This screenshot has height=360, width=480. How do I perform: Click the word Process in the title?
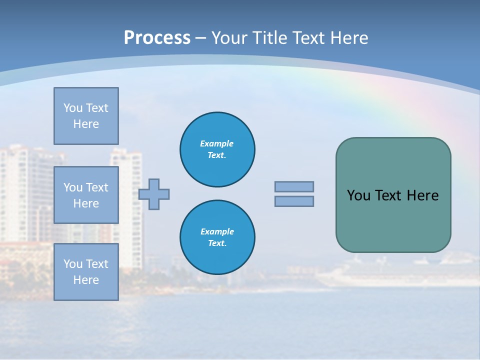coord(157,38)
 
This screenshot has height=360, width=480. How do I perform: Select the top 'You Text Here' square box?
coord(86,116)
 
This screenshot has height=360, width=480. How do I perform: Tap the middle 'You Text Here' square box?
coord(86,195)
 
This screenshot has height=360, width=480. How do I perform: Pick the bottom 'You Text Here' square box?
coord(86,272)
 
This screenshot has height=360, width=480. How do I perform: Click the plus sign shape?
coord(154,194)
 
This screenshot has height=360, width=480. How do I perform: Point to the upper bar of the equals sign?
coord(294,186)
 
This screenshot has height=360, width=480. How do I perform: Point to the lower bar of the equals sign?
coord(294,201)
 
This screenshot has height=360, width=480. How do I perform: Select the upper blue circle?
coord(217,149)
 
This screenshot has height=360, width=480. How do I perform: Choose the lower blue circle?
coord(217,237)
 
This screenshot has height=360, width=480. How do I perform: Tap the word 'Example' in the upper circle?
coord(216,143)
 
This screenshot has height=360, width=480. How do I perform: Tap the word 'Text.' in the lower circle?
coord(217,243)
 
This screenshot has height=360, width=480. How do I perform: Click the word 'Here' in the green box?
coord(422,195)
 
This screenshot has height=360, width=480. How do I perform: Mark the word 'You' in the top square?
coord(72,108)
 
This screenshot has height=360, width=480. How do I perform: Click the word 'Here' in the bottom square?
coord(86,280)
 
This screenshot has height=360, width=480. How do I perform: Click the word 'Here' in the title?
coord(348,38)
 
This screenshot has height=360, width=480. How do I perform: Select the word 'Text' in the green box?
coord(388,195)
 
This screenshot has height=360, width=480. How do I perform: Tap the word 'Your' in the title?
coord(229,38)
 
